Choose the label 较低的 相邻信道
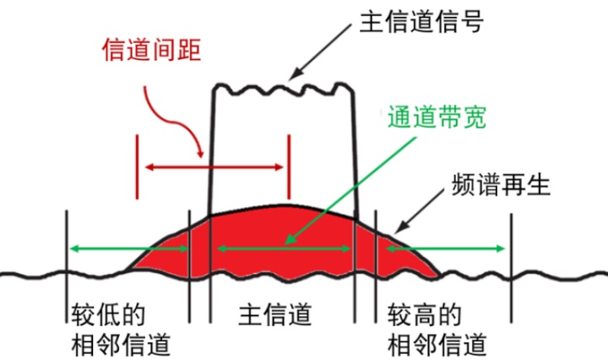tap(122, 330)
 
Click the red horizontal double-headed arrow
tap(214, 166)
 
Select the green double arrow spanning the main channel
tap(283, 248)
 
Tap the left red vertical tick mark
tap(136, 166)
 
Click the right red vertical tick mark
tap(290, 166)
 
